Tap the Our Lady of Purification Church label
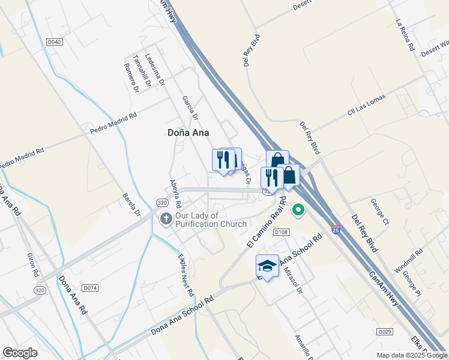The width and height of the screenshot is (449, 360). [x=211, y=220]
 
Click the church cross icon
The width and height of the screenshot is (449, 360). [x=166, y=220]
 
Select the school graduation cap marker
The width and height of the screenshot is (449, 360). [x=267, y=266]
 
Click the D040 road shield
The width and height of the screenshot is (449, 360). [x=54, y=42]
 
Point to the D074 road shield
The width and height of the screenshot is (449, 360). [x=90, y=288]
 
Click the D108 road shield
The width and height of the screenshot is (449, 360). [x=280, y=232]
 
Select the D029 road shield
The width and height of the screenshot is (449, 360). [x=385, y=332]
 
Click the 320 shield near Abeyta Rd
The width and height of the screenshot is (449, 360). [x=162, y=203]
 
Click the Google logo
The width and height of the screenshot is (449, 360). [x=20, y=353]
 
